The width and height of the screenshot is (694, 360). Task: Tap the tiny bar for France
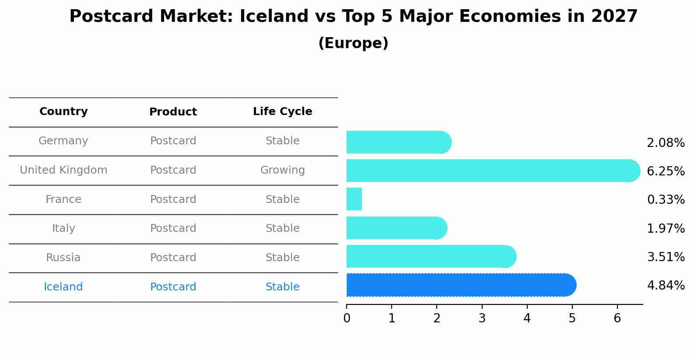click(x=354, y=199)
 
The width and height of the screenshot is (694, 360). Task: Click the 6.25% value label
click(x=665, y=171)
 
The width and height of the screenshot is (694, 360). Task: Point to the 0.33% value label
click(x=665, y=200)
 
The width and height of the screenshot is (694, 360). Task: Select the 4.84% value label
click(x=665, y=286)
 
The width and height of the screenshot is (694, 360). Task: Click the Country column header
click(x=63, y=112)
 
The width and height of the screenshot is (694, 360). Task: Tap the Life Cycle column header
click(x=282, y=112)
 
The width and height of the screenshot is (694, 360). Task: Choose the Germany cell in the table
click(x=63, y=141)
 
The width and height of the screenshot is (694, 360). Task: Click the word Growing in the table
click(x=282, y=170)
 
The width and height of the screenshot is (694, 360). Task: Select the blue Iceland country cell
click(x=63, y=287)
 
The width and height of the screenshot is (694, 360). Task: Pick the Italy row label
click(x=63, y=228)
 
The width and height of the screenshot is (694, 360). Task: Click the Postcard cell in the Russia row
click(x=173, y=258)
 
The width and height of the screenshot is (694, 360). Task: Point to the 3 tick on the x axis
click(x=482, y=318)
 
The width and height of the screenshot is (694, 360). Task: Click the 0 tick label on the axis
click(x=347, y=318)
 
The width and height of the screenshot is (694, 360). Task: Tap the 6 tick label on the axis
click(x=617, y=318)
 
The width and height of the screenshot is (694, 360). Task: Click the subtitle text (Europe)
click(x=353, y=43)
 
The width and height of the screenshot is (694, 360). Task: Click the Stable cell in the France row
click(x=282, y=199)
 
